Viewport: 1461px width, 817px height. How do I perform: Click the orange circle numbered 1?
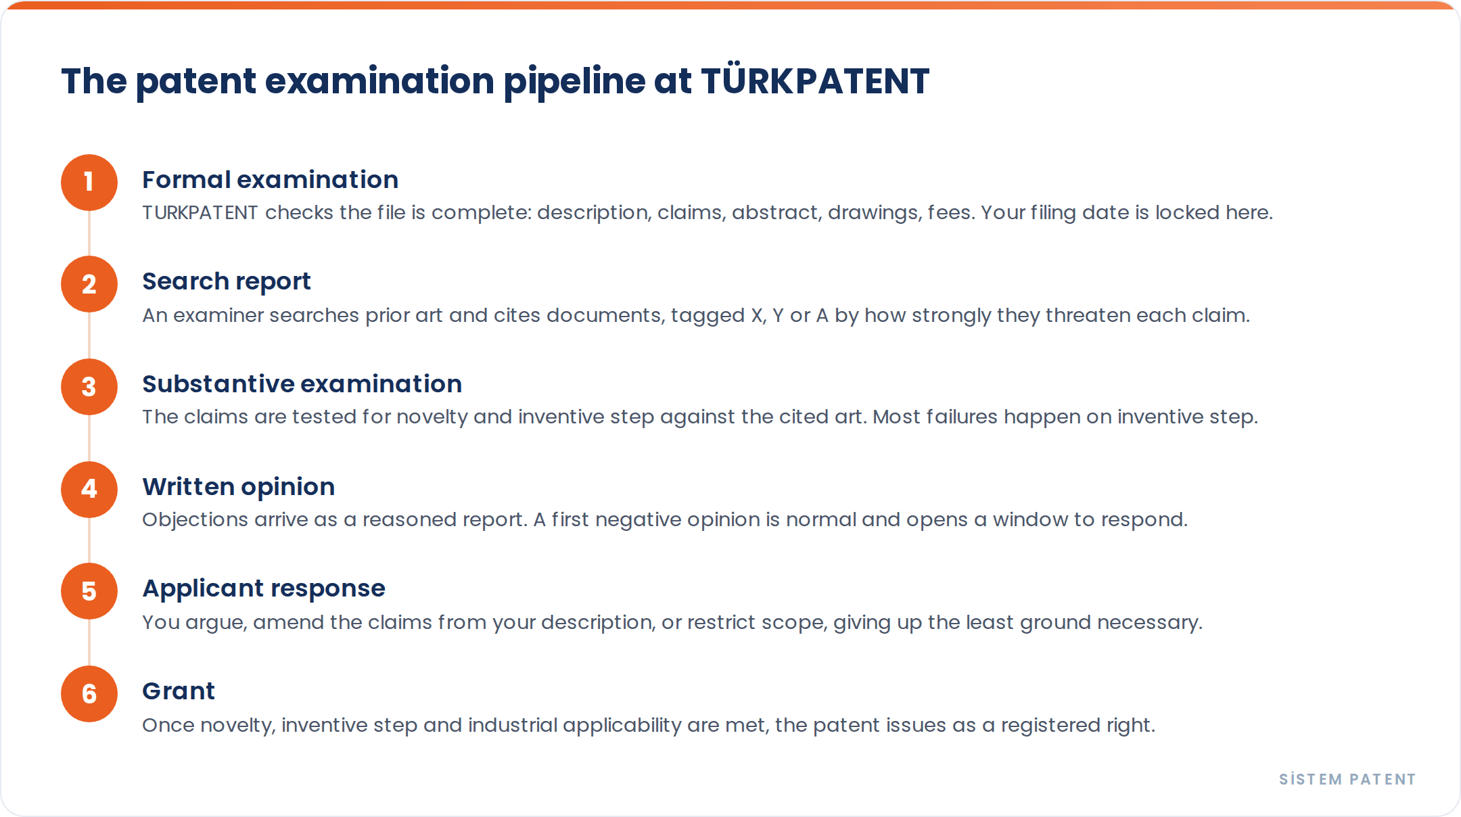coord(89,183)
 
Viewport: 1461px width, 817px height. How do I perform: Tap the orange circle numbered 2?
coord(89,284)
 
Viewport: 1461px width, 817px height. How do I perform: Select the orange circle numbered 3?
coord(89,387)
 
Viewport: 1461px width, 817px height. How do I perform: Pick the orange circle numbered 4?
coord(89,490)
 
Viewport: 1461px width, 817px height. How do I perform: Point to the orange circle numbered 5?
coord(89,591)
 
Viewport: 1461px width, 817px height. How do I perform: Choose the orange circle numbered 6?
coord(89,694)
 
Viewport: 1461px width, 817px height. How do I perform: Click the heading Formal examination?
coord(270,180)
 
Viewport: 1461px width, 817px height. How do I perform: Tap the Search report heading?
coord(227,282)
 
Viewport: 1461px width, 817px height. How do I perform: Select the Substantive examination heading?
coord(302,384)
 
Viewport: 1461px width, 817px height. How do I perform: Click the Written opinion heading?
coord(238,488)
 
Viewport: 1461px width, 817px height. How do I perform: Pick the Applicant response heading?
coord(264,589)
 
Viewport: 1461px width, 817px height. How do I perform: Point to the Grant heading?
coord(179,691)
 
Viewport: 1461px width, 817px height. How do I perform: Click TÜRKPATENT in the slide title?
coord(815,81)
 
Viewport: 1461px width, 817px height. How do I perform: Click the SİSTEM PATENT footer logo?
coord(1347,779)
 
